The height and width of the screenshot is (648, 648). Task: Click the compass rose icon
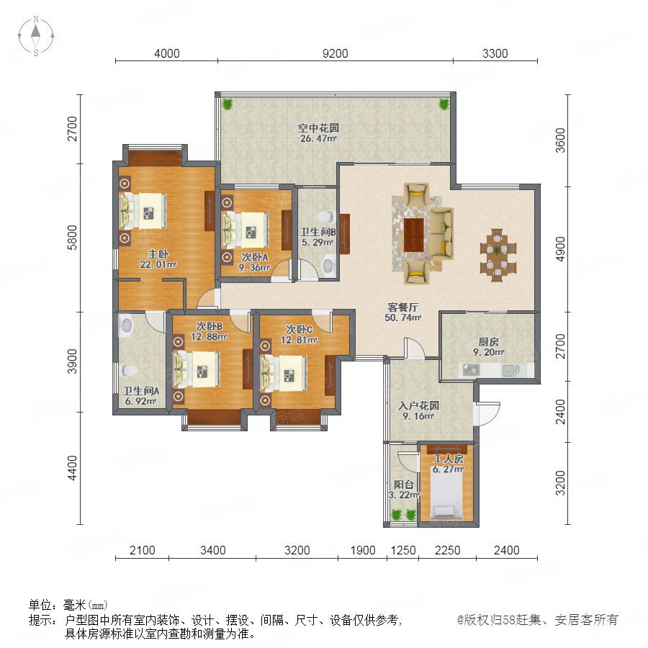pos(36,36)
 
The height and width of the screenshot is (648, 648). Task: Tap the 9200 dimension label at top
pos(335,53)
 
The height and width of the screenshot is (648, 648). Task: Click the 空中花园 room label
pos(319,128)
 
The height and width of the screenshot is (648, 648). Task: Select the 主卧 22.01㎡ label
pos(158,259)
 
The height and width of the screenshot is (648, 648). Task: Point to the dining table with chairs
pos(498,256)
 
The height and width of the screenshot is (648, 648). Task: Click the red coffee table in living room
pos(414,235)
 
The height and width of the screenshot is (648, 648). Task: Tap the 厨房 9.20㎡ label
pos(488,347)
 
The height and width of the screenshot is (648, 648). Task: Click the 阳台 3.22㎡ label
pos(404,490)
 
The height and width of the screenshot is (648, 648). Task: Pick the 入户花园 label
pos(418,405)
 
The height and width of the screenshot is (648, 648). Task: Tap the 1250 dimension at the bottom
pos(403,551)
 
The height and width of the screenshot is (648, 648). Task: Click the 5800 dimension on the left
pos(72,238)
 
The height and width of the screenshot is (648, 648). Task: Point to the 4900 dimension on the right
pos(560,249)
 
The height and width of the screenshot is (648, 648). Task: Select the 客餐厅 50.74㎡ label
pos(403,312)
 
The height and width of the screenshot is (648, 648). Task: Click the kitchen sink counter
pos(496,370)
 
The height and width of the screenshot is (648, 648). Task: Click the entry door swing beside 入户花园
pos(487,413)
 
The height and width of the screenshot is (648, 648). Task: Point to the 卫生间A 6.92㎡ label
pos(140,395)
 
